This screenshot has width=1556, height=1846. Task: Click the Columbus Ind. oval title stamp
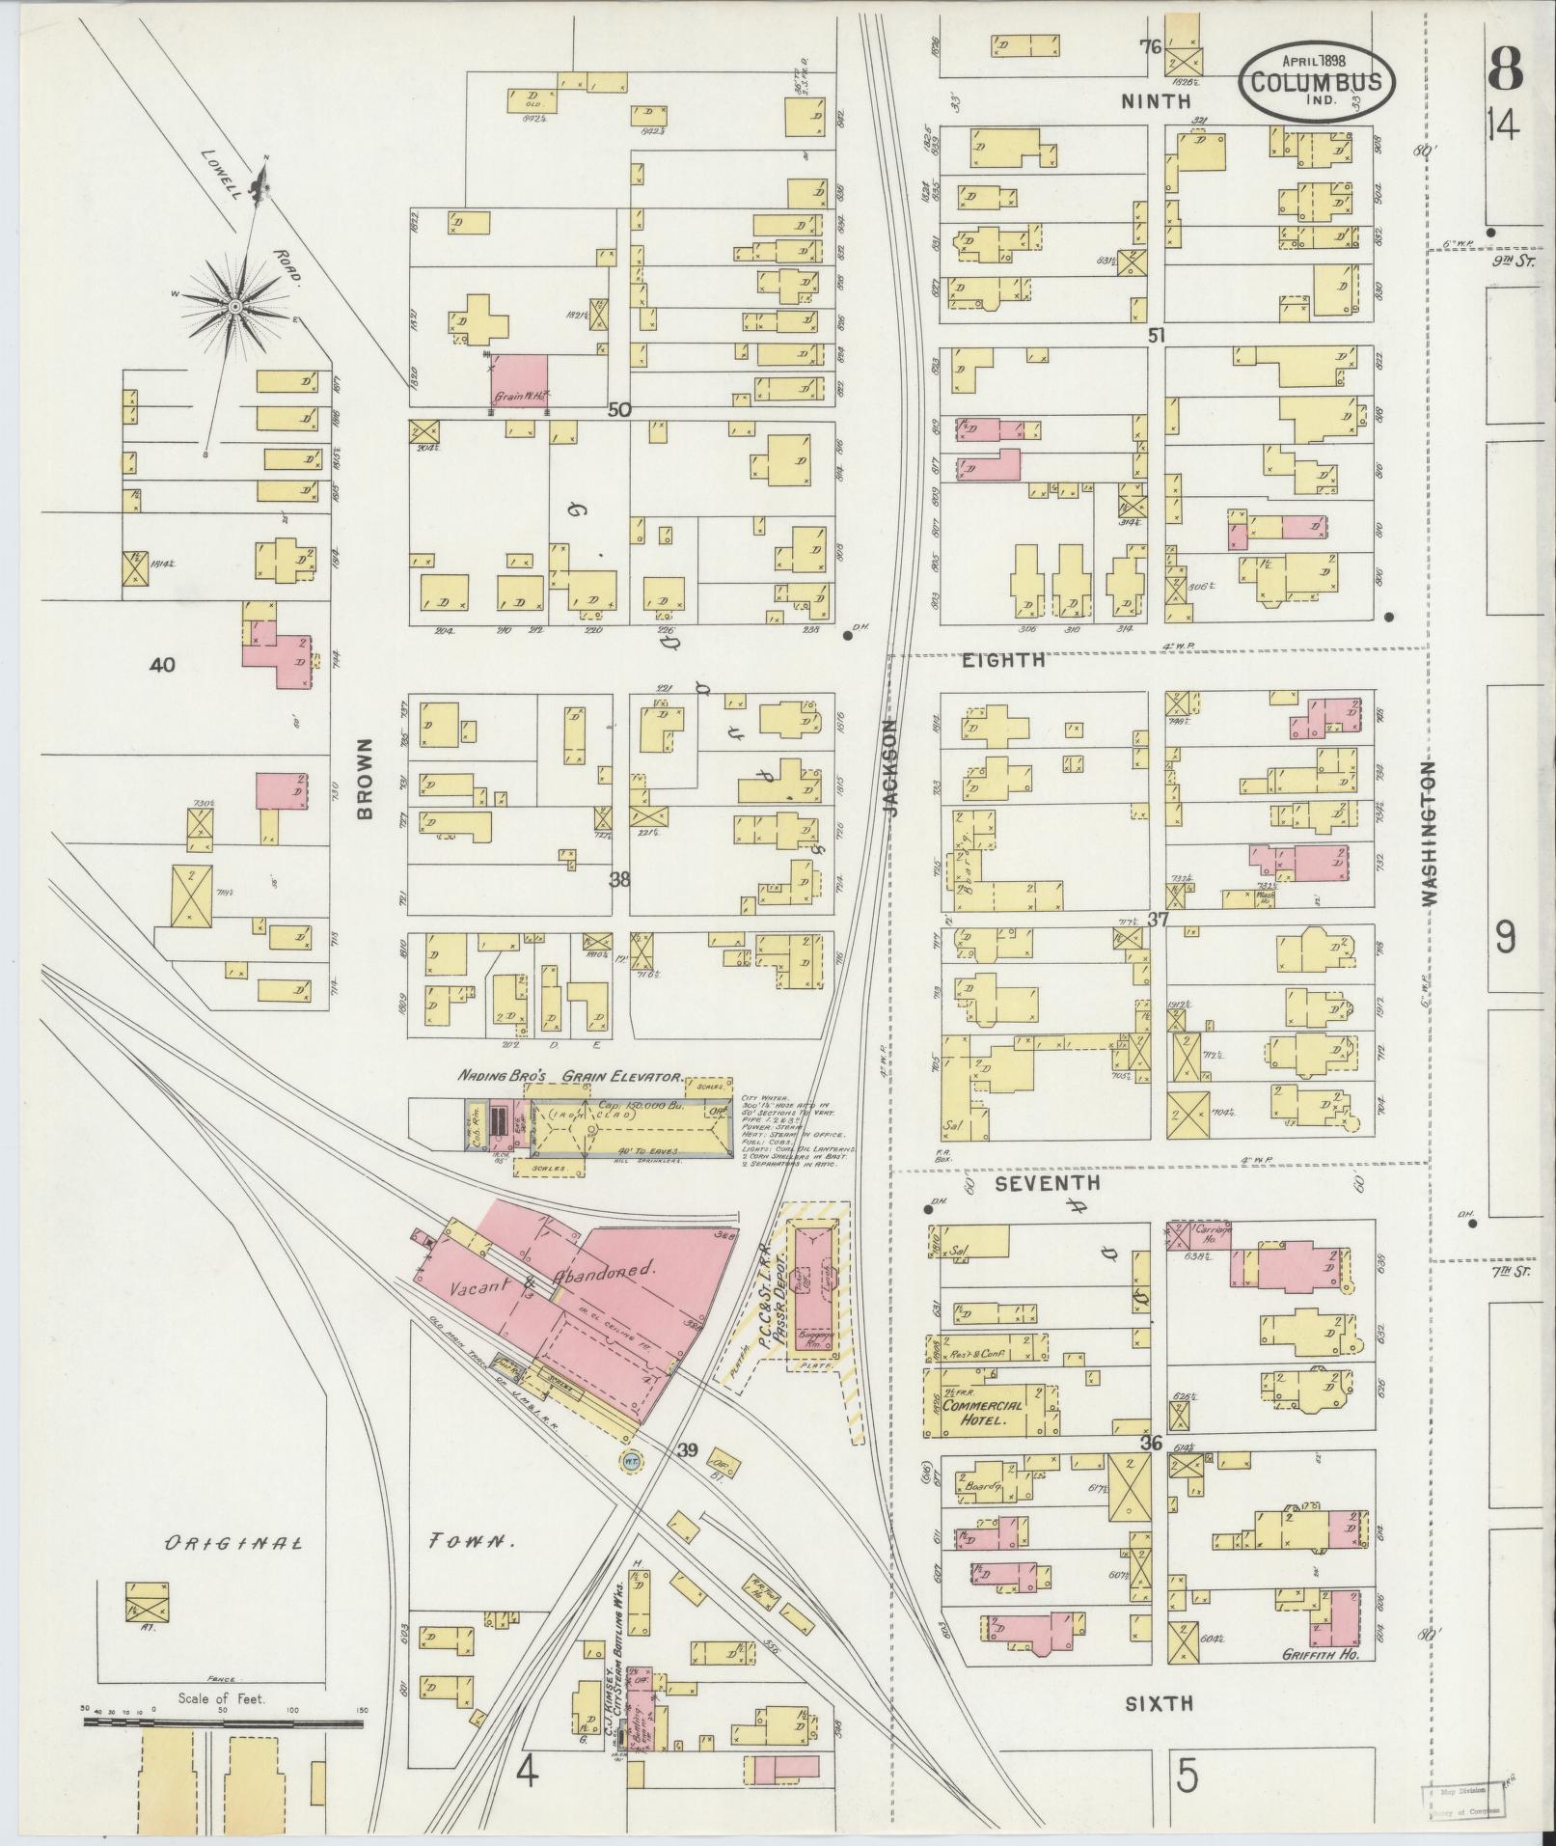pos(1316,83)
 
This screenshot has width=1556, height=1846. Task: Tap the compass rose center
pos(234,307)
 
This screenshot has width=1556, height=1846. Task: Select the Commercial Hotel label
pos(981,1413)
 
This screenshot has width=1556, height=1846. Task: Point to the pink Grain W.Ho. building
pos(520,379)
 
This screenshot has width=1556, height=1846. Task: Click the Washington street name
pos(1429,832)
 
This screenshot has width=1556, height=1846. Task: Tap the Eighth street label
pos(1003,660)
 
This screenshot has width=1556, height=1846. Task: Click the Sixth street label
pos(1159,1703)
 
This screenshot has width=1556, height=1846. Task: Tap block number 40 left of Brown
pos(162,665)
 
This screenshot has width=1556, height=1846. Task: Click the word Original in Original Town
pos(232,1542)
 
